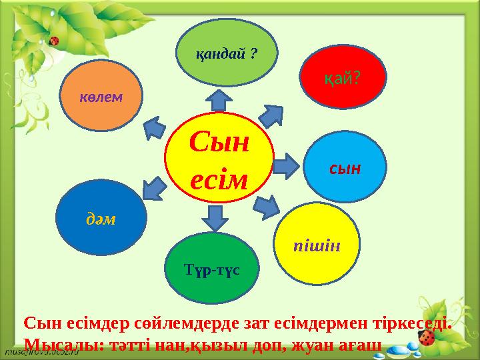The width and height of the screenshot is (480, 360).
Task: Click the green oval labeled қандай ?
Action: [x=227, y=53]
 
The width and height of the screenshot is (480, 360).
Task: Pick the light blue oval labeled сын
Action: [x=345, y=167]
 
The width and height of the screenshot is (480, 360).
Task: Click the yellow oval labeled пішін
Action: [x=317, y=245]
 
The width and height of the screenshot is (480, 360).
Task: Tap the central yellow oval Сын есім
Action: [x=219, y=161]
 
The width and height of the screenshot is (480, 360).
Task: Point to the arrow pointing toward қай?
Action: [x=272, y=115]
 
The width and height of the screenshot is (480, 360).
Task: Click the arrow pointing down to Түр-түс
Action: [x=215, y=218]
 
